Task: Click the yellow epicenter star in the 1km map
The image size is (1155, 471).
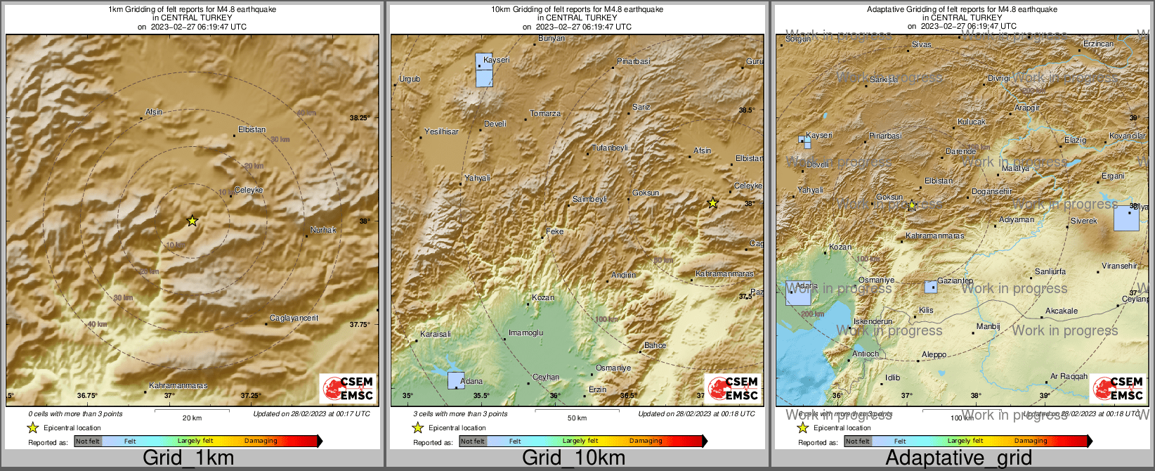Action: (192, 221)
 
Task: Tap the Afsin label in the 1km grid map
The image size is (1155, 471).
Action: (154, 112)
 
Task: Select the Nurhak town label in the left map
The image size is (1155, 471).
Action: (323, 230)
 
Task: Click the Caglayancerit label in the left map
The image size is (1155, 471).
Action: (294, 318)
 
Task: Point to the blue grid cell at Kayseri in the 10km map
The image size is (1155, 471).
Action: (484, 70)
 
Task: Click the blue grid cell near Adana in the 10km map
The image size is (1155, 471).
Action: (456, 380)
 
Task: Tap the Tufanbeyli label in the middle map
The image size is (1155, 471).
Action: (610, 148)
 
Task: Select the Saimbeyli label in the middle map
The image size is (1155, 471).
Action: (589, 200)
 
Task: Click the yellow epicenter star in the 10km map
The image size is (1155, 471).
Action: (712, 203)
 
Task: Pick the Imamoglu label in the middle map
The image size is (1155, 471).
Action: (526, 333)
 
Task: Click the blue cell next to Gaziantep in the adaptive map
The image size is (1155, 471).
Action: (930, 287)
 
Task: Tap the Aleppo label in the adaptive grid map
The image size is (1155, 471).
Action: (934, 355)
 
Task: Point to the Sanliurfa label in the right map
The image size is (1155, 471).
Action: (1050, 272)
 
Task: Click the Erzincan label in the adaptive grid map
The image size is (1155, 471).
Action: (1098, 44)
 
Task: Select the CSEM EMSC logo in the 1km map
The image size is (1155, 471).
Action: (348, 388)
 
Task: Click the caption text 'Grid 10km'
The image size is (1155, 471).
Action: (573, 458)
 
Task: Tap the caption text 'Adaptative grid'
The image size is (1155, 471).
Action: (958, 458)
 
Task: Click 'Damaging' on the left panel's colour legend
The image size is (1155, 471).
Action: (261, 441)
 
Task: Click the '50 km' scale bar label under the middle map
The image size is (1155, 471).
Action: (577, 418)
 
